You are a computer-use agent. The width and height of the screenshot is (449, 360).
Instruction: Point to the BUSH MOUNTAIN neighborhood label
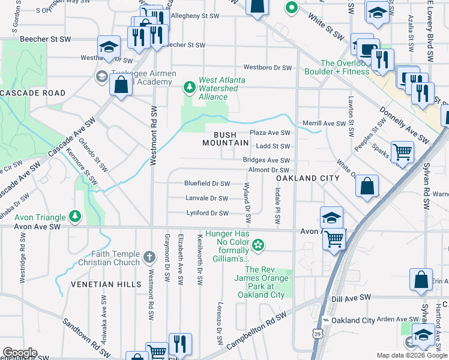point(225,138)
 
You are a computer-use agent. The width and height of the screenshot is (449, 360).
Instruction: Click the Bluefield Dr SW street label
point(206,184)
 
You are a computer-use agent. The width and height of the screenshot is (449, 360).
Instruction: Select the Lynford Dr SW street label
point(206,213)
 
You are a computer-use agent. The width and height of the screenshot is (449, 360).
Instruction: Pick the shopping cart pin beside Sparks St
point(402,152)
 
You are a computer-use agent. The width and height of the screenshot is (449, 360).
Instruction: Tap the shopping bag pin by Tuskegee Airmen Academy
point(121,85)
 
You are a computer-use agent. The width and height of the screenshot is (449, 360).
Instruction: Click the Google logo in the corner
point(19,353)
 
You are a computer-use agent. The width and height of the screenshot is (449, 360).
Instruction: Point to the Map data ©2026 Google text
point(412,355)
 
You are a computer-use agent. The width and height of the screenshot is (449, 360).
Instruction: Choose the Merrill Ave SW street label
point(324,123)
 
